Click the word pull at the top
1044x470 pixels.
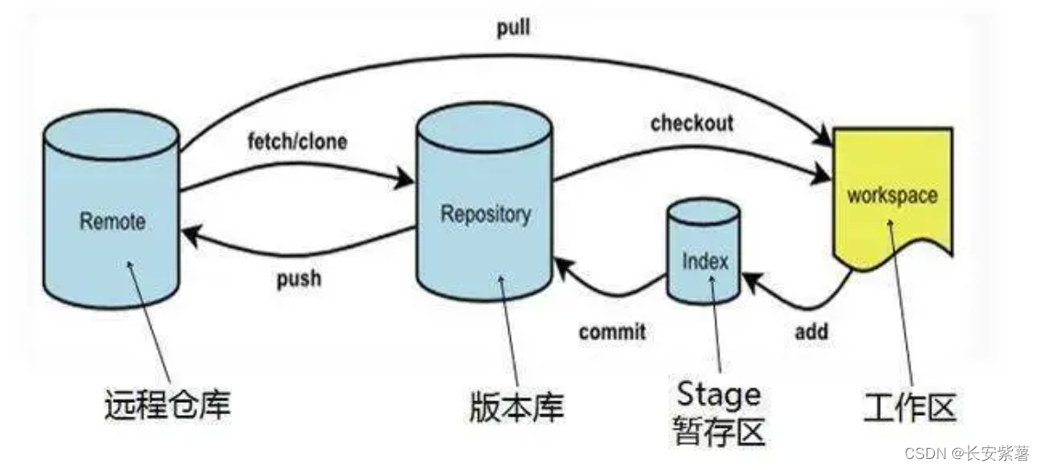click(514, 28)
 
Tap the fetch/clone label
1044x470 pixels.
click(297, 143)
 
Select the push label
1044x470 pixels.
click(299, 277)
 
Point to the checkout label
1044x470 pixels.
click(692, 122)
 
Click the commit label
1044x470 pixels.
click(612, 331)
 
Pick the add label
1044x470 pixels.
click(811, 330)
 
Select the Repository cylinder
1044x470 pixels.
click(485, 215)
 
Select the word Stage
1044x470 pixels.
click(718, 394)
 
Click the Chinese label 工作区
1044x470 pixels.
click(909, 405)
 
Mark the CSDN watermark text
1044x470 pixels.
click(966, 453)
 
